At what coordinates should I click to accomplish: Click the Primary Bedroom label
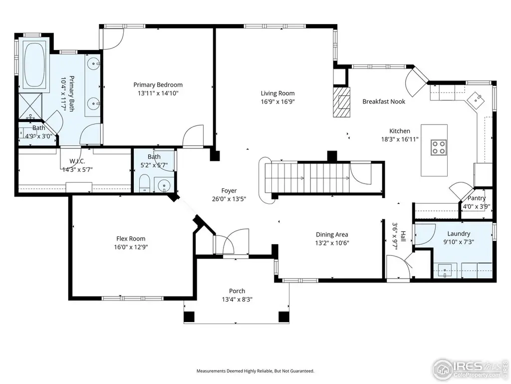point(158,85)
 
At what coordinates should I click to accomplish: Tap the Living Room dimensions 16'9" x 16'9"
point(277,101)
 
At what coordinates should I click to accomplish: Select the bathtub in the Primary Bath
point(35,64)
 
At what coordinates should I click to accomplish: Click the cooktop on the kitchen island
point(439,147)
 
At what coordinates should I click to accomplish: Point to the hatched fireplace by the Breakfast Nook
point(341,101)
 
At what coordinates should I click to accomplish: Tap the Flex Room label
point(131,238)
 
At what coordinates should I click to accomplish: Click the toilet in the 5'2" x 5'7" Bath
point(144,183)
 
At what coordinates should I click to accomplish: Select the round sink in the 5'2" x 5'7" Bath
point(164,186)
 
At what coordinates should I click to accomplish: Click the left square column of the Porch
point(189,316)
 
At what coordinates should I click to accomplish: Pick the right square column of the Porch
point(283,316)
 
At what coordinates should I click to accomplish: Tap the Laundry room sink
point(445,270)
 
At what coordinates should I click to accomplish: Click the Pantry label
point(477,198)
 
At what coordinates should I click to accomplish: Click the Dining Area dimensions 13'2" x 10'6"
point(332,243)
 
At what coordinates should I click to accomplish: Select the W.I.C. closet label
point(77,161)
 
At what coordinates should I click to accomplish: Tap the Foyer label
point(229,190)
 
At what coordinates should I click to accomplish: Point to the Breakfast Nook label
point(384,101)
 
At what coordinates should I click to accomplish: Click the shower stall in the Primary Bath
point(30,106)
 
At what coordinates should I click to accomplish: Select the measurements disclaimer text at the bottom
point(255,371)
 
